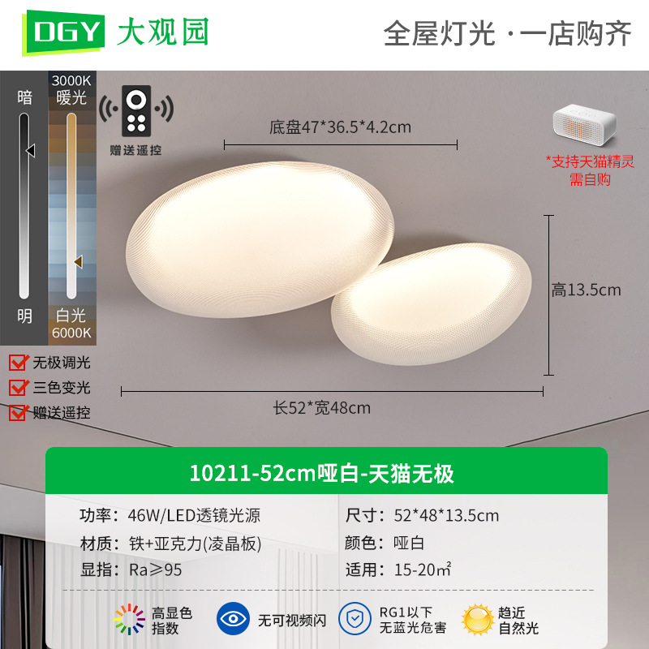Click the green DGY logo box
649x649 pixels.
tap(63, 32)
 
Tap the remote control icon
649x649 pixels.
tap(136, 111)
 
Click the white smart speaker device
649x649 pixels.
tap(584, 125)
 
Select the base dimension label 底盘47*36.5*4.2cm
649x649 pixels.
tap(340, 127)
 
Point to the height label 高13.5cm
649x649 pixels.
tap(586, 290)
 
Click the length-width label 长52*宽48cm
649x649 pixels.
tap(321, 408)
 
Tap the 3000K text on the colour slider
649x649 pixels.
tap(71, 80)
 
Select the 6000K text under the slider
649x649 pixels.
tap(71, 333)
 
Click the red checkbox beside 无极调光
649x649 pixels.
tap(18, 363)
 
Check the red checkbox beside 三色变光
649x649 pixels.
tap(18, 388)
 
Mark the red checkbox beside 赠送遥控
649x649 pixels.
tap(18, 413)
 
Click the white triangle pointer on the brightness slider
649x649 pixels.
tap(31, 150)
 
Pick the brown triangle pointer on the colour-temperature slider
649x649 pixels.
tap(78, 261)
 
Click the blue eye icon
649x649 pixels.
tap(233, 619)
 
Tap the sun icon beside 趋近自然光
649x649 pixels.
tap(478, 620)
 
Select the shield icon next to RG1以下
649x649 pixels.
tap(355, 619)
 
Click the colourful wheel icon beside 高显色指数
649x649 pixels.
tap(130, 619)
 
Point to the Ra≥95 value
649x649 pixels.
tap(156, 570)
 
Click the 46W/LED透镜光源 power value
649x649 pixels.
tap(194, 516)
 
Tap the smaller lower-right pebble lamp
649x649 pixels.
tap(431, 305)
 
